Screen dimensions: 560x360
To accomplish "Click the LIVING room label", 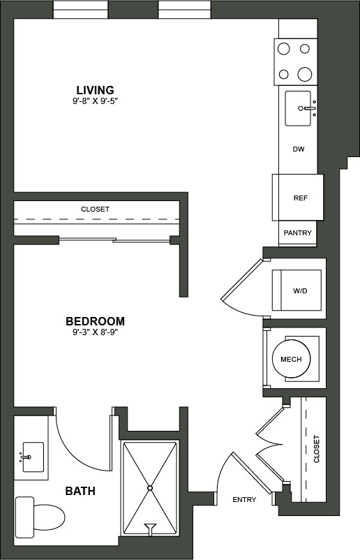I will coord(95,90).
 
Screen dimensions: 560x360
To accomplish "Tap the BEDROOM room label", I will coord(95,321).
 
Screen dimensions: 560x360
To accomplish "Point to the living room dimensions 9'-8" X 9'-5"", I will coord(95,101).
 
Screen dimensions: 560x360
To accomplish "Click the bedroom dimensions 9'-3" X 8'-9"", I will coord(95,332).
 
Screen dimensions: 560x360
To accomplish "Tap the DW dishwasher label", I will coord(298,149).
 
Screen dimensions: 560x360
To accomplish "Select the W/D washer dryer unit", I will coord(300,291).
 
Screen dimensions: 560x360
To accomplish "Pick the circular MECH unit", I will coord(290,359).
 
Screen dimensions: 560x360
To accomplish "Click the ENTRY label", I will coord(244,499).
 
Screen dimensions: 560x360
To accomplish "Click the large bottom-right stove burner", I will coord(304,73).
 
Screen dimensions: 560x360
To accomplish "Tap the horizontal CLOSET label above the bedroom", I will coord(95,209).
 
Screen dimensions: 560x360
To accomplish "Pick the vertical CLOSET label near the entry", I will coord(316,449).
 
